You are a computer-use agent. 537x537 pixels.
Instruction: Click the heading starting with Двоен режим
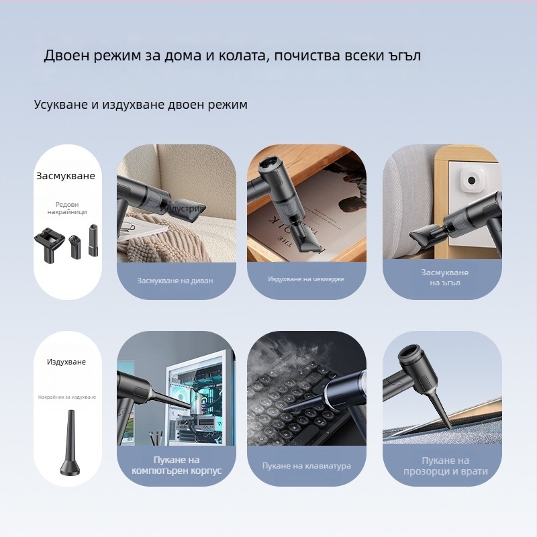232,55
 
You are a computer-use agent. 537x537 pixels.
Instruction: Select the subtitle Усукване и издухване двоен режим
141,105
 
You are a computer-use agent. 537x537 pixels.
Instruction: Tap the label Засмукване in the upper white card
66,177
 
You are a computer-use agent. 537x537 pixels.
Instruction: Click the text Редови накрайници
67,208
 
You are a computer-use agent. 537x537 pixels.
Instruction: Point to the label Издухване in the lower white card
66,362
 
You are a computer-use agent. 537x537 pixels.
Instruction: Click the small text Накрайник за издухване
67,397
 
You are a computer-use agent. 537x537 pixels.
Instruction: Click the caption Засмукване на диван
175,281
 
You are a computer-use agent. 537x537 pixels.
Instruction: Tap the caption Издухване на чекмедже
306,279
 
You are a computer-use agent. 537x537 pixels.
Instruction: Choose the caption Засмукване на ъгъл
444,277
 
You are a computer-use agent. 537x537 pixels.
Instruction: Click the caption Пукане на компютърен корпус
175,465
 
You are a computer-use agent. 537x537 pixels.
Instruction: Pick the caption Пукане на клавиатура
306,465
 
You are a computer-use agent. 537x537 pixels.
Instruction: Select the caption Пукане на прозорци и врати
445,466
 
